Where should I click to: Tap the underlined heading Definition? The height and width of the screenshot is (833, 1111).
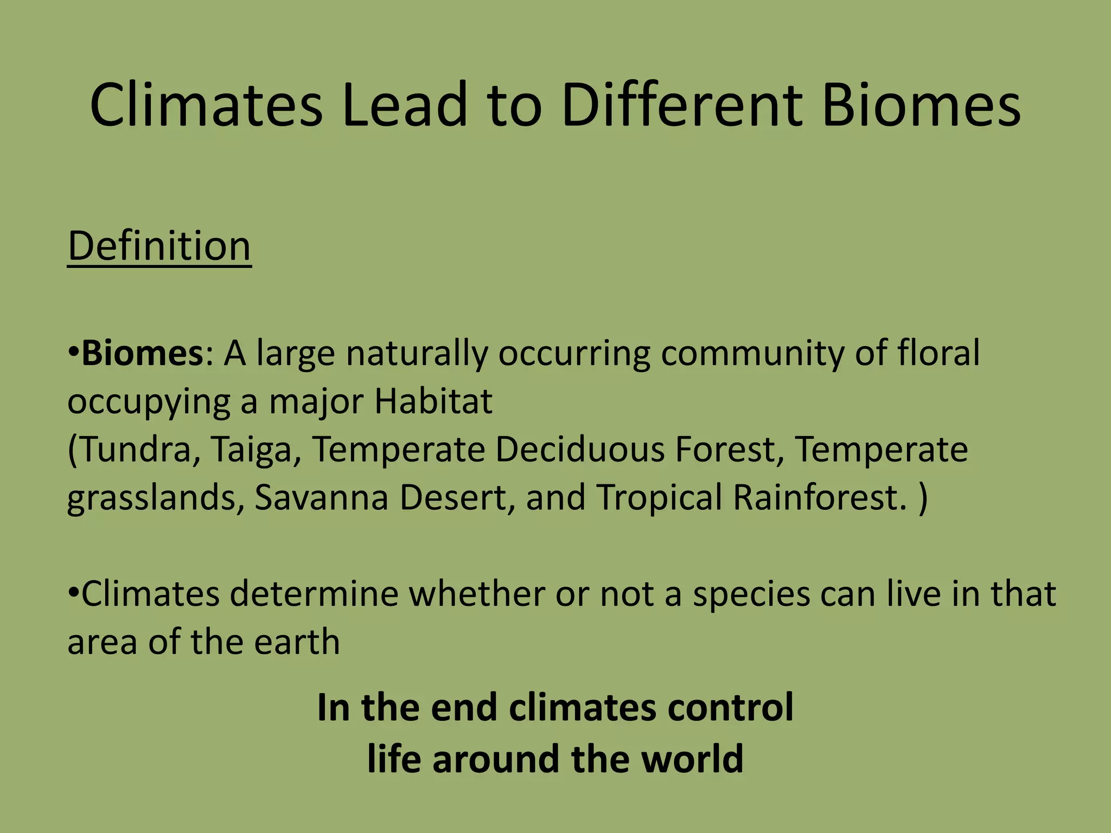tap(159, 247)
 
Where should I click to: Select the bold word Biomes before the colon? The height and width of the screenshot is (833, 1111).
tap(142, 353)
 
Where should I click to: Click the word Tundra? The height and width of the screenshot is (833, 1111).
tap(136, 450)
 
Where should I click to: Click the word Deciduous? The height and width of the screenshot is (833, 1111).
tap(580, 450)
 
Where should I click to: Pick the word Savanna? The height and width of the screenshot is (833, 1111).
tap(322, 497)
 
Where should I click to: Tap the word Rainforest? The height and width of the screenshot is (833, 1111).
tap(820, 497)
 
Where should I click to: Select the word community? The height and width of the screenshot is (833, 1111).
tap(751, 353)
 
